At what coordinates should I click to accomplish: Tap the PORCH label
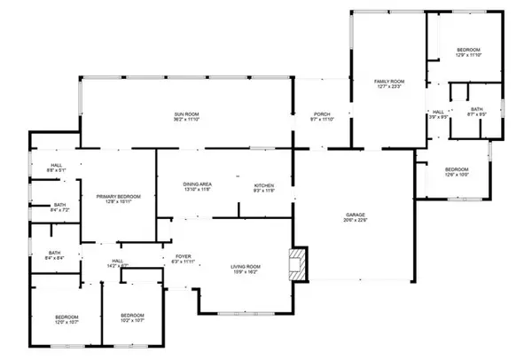(x=322, y=113)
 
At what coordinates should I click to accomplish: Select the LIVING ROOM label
(x=244, y=266)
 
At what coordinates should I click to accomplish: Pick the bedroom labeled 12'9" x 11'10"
(x=468, y=50)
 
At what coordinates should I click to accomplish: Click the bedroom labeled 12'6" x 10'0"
(x=457, y=169)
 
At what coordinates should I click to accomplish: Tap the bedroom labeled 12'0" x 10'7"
(x=66, y=317)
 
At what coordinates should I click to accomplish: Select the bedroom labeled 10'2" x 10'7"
(x=132, y=316)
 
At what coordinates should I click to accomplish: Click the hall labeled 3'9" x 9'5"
(x=437, y=112)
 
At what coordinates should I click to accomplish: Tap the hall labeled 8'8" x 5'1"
(x=55, y=165)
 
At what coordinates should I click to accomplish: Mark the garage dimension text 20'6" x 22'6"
(x=356, y=221)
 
